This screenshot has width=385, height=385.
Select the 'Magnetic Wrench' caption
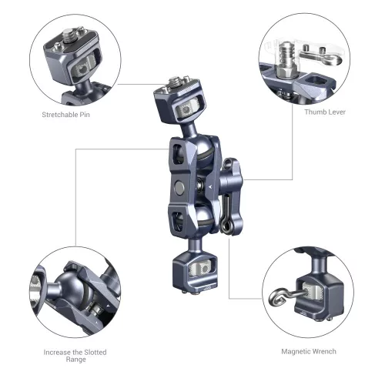[x=306, y=350]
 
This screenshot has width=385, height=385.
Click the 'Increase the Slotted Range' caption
[x=75, y=355]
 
